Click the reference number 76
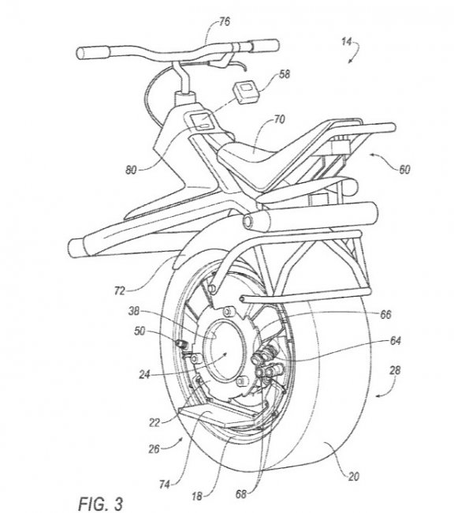click(x=225, y=21)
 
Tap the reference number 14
click(x=347, y=42)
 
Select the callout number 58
click(x=285, y=74)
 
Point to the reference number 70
click(x=279, y=119)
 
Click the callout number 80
click(x=132, y=170)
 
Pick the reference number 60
click(x=404, y=170)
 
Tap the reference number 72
click(x=120, y=290)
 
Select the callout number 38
click(x=134, y=311)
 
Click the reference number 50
click(x=140, y=331)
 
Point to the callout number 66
click(x=385, y=314)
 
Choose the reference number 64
click(x=396, y=341)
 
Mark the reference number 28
click(x=395, y=370)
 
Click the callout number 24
click(x=145, y=374)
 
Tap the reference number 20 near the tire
click(x=354, y=477)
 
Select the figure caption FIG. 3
click(x=101, y=504)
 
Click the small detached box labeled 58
click(x=245, y=92)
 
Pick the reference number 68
click(x=241, y=494)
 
